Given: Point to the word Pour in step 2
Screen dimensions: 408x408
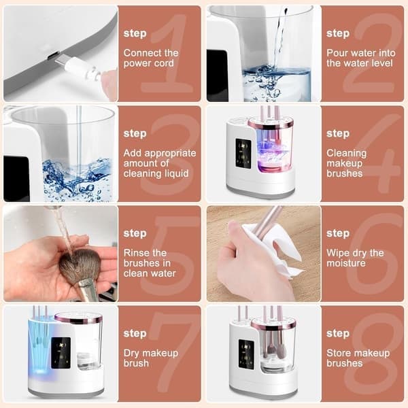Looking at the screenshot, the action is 337,53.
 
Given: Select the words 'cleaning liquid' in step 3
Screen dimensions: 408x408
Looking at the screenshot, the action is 156,173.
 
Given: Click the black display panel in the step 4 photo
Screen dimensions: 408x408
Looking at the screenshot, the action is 243,153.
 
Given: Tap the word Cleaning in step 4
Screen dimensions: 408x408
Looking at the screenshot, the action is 347,153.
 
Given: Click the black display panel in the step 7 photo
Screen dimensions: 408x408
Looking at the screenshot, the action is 61,353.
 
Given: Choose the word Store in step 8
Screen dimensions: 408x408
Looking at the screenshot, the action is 338,353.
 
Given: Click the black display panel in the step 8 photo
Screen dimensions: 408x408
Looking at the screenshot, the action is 246,355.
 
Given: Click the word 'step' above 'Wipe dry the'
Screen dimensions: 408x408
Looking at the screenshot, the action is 338,233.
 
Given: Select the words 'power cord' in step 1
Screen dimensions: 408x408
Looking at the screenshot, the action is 148,63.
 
